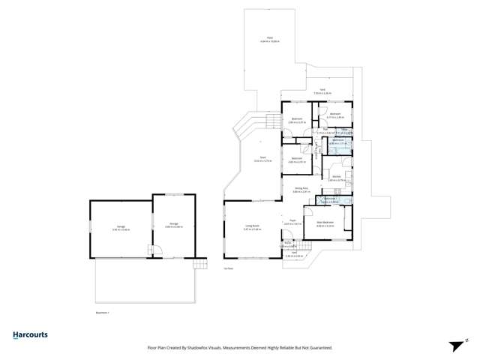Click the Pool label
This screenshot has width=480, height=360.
pos(270,37)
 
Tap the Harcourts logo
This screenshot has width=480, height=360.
pos(30,335)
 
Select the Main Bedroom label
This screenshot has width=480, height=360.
pos(325,223)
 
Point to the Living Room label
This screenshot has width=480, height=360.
pos(251,226)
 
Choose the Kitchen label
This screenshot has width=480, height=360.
pos(337,177)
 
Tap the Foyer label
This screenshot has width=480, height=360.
pos(292,221)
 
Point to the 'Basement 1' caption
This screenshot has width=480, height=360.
pos(103,311)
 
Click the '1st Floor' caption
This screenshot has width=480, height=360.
pos(228,268)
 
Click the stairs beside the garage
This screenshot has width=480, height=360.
pos(199,264)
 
